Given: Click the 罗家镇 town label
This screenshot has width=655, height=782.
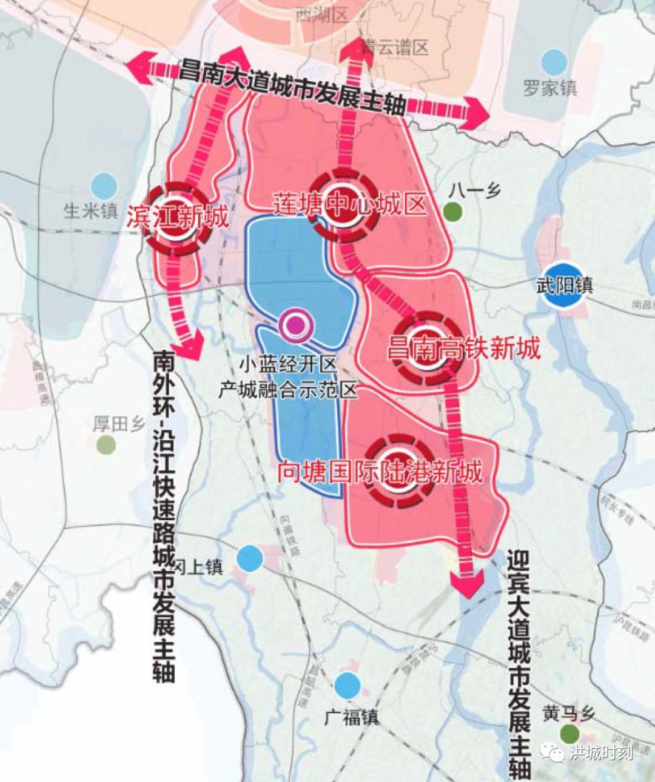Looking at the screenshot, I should pyautogui.click(x=550, y=89).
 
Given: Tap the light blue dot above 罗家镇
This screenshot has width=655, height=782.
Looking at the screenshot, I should pyautogui.click(x=554, y=62).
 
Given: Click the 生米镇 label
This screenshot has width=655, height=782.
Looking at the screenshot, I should pyautogui.click(x=91, y=211).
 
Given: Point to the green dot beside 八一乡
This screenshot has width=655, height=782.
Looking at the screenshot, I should pyautogui.click(x=452, y=212).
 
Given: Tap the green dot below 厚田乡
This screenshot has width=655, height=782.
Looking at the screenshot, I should pyautogui.click(x=106, y=445).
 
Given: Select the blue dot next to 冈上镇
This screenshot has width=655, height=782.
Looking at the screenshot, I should pyautogui.click(x=250, y=558).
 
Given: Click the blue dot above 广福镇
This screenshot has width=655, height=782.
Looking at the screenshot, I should pyautogui.click(x=348, y=686).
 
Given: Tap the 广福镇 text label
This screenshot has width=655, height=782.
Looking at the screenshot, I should pyautogui.click(x=352, y=718).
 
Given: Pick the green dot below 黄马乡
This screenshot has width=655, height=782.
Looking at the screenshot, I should pyautogui.click(x=569, y=734).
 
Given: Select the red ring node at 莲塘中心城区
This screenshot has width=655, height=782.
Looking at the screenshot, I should pyautogui.click(x=343, y=206).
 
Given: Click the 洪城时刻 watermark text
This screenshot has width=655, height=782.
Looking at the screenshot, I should pyautogui.click(x=600, y=753).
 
